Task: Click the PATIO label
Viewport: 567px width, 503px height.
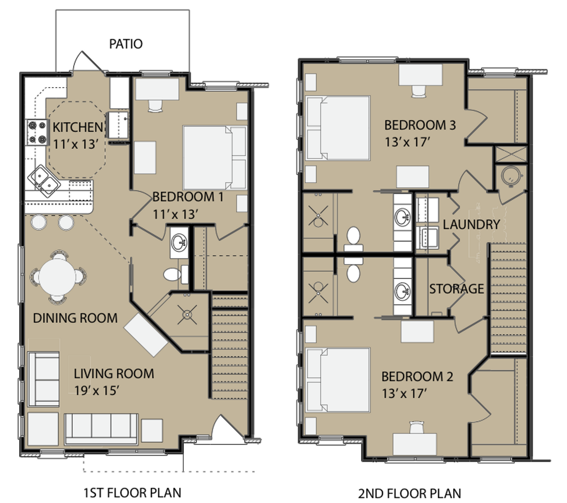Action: (126, 44)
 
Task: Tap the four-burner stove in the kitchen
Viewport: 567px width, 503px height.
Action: (37, 132)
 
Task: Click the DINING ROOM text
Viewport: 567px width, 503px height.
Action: (75, 318)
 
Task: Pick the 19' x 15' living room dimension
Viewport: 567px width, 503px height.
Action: (97, 390)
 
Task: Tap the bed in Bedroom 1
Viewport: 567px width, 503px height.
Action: (214, 157)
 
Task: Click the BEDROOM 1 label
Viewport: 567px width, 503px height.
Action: (188, 197)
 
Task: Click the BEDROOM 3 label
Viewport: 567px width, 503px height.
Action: (420, 125)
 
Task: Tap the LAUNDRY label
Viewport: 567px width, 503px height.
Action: (471, 224)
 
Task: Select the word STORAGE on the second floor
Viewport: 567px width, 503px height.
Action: (456, 289)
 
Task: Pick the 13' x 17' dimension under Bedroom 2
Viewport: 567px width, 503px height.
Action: (404, 394)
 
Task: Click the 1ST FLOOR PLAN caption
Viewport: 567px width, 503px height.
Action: (132, 492)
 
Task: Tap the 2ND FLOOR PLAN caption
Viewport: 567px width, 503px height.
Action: (410, 493)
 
